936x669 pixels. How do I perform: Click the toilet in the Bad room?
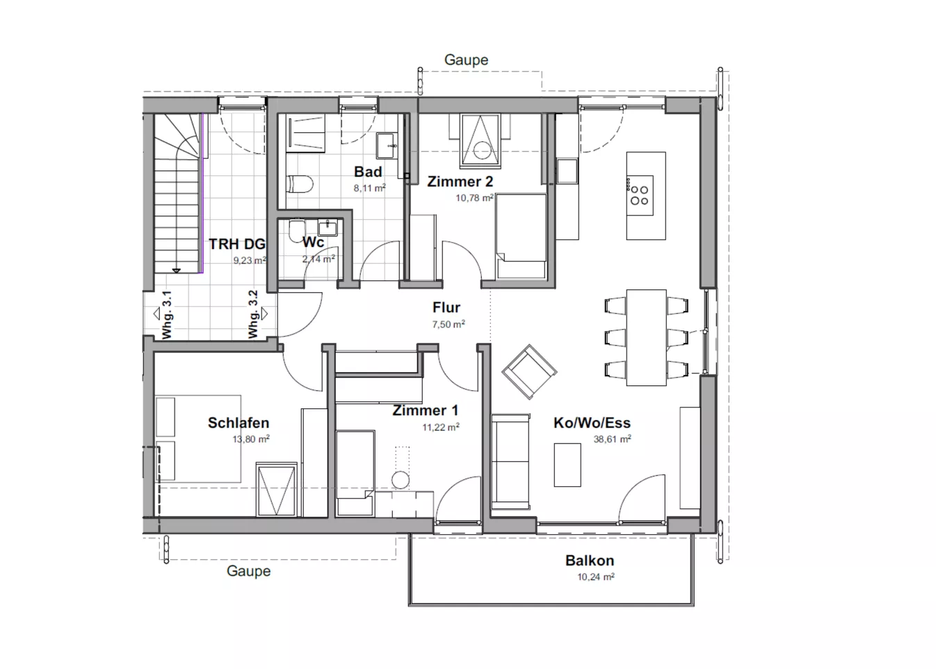300,184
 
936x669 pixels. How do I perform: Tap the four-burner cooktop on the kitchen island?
639,195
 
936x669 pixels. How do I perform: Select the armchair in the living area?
529,371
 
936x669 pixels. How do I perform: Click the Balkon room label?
590,561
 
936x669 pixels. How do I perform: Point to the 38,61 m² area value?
612,440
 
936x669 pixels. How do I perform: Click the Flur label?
446,307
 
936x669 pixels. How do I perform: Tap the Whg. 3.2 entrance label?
253,314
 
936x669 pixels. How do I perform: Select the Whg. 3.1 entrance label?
167,314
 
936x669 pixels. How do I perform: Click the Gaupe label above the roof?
466,60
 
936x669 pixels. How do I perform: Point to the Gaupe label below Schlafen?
249,571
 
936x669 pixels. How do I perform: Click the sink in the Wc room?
328,227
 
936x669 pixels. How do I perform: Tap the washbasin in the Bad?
387,145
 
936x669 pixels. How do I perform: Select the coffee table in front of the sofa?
567,465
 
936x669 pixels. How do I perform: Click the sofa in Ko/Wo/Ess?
510,462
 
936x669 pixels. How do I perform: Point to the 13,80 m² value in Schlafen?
251,440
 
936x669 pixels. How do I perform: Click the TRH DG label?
237,244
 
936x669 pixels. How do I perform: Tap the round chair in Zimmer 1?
401,480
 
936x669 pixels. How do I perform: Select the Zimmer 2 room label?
460,182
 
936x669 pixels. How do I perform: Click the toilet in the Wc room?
297,231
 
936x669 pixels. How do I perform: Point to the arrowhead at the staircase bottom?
177,271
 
